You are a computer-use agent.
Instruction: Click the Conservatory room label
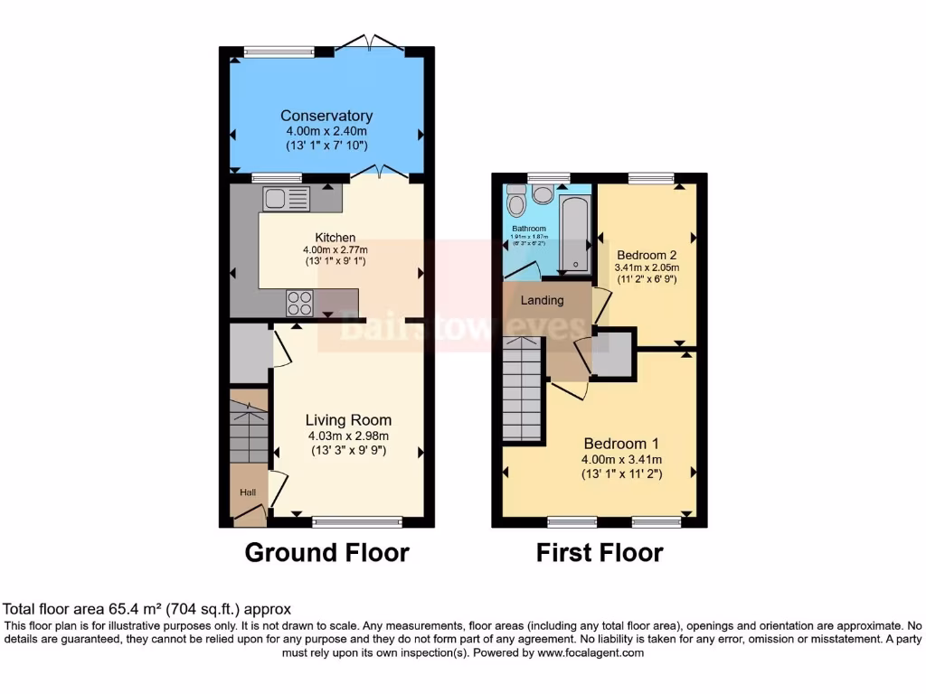(x=326, y=116)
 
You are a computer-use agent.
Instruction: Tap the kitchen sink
(x=286, y=197)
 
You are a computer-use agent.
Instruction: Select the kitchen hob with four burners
(x=300, y=303)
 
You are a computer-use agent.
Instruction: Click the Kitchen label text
(x=322, y=238)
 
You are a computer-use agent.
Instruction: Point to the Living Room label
(x=348, y=420)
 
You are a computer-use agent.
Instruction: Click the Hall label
(x=248, y=492)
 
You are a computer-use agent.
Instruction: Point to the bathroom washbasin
(x=543, y=193)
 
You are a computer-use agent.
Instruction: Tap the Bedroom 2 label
(x=646, y=255)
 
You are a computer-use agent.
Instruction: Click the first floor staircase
(x=522, y=388)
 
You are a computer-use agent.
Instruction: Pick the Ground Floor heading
(x=326, y=552)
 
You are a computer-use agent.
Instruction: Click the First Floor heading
(x=600, y=552)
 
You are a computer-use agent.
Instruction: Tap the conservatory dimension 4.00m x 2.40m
(x=326, y=131)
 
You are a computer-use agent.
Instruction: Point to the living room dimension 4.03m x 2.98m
(x=348, y=436)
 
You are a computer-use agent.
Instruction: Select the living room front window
(x=357, y=520)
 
